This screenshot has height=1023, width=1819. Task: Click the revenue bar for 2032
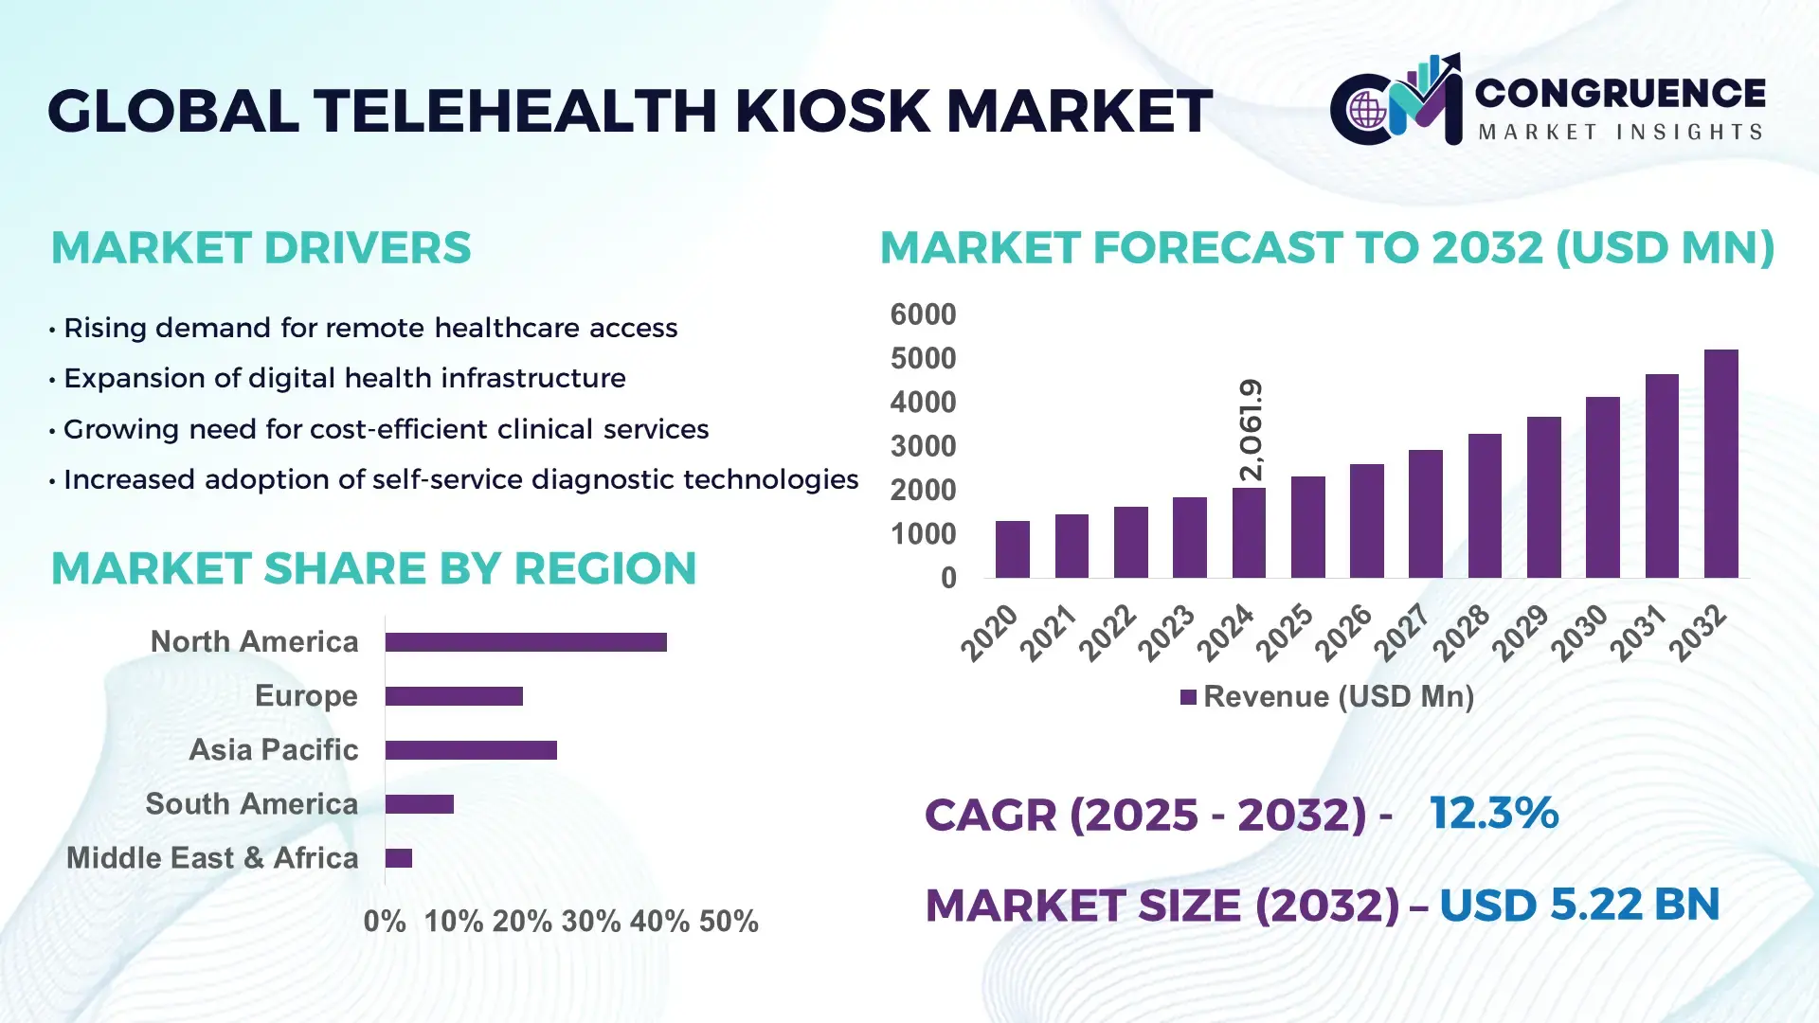(1720, 464)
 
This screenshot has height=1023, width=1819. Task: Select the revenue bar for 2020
(1012, 549)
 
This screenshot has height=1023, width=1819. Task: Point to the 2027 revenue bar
(1425, 514)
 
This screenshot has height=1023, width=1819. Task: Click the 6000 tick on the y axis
(923, 314)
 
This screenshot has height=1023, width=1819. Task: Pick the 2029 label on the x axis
(1520, 632)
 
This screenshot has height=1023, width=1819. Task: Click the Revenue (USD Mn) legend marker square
(1188, 697)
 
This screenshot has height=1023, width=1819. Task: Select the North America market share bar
(526, 642)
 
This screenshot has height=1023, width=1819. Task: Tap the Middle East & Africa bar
(399, 858)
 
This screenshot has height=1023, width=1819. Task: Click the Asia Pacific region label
(273, 749)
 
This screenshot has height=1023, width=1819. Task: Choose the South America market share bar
(420, 804)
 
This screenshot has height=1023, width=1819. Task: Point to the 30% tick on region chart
(591, 921)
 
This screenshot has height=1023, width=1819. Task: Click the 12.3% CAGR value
(1493, 813)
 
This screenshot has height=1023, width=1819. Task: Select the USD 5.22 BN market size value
(1579, 904)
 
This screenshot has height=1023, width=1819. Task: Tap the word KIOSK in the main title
(834, 111)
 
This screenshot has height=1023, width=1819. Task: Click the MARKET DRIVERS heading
(261, 248)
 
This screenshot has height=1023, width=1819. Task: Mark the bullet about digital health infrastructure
(344, 378)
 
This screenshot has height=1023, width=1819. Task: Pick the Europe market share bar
(454, 696)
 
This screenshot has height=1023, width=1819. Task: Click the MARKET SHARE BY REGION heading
(373, 568)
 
